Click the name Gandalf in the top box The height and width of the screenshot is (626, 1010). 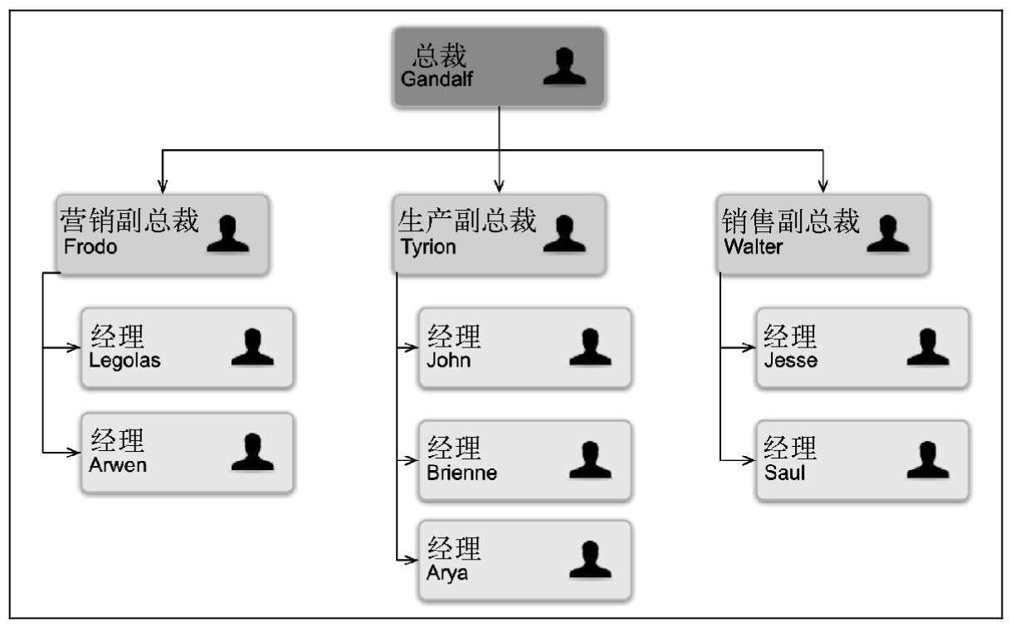(x=437, y=80)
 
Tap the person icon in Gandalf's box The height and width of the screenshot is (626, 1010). (x=564, y=66)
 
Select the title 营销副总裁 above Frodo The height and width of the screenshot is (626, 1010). (x=129, y=221)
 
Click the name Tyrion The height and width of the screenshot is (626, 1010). (x=428, y=247)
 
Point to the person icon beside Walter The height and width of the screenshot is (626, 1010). (x=888, y=234)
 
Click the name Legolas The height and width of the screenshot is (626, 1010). (x=124, y=361)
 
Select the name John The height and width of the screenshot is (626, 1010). (x=448, y=361)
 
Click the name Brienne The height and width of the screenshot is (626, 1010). (x=462, y=473)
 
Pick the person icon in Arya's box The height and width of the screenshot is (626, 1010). (x=590, y=560)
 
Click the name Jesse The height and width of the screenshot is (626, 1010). (x=790, y=361)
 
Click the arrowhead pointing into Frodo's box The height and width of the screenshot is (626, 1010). (x=163, y=186)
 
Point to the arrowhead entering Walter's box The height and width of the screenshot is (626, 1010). (x=822, y=186)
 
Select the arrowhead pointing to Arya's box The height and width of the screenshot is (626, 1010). (x=410, y=560)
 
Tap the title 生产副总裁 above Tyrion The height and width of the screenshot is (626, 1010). (x=467, y=221)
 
